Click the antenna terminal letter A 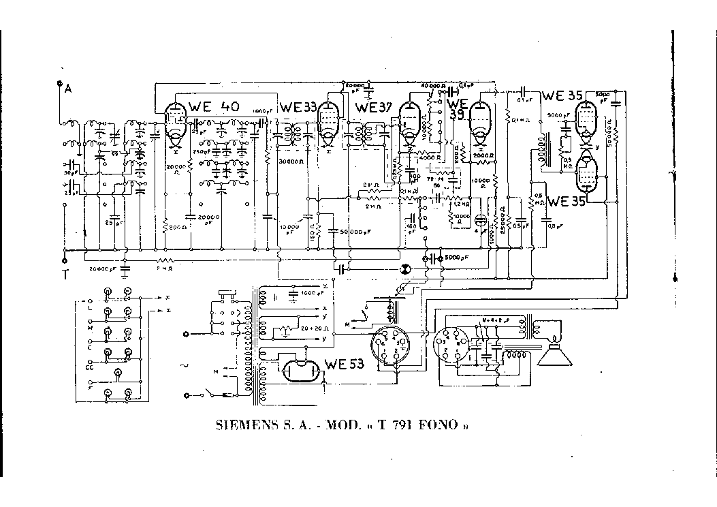(x=67, y=87)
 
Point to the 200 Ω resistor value (x=179, y=226)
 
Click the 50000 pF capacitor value (x=352, y=232)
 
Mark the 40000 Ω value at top (x=433, y=87)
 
